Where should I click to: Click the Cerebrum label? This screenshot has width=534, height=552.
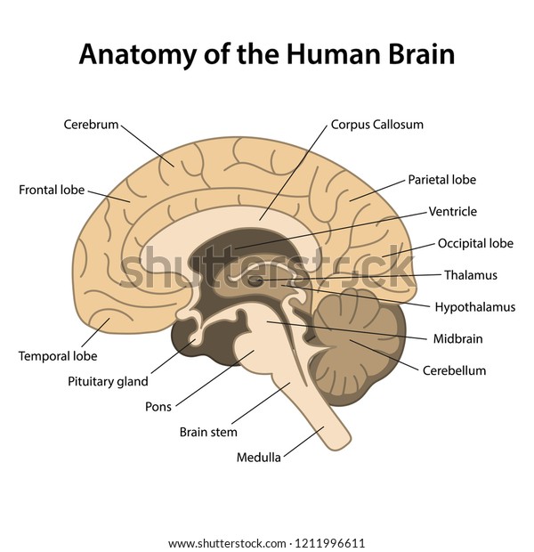coord(91,125)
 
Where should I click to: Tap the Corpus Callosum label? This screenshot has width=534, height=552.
coord(377,125)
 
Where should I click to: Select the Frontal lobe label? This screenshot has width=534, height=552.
coord(52,191)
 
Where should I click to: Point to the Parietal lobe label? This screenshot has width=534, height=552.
coord(442,180)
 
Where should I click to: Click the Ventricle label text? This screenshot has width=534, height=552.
coord(453,212)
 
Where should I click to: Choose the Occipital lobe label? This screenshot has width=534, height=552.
coord(475,243)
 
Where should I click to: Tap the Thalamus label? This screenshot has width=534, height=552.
coord(471,275)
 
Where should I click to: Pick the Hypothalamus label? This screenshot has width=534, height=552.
coord(475,307)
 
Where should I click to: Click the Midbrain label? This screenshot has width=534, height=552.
coord(457,338)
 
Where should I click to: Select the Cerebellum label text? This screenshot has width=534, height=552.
coord(454,370)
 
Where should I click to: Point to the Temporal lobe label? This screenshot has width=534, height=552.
coord(58,356)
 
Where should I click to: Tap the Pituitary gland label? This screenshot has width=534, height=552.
coord(108,382)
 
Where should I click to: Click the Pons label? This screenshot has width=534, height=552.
coord(158,407)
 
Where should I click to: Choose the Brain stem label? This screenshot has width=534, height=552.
coord(208,432)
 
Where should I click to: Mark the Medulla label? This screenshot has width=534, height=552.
coord(259,458)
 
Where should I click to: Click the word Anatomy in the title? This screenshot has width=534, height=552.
coord(138,54)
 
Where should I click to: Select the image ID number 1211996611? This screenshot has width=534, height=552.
coord(330,543)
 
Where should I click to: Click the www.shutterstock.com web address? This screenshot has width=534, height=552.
coord(227,543)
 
